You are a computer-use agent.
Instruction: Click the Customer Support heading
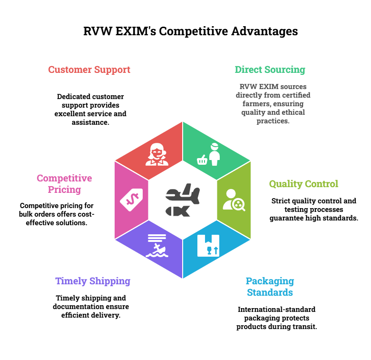[89, 70]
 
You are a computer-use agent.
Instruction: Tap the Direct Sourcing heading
[270, 70]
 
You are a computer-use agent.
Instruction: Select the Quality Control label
[303, 184]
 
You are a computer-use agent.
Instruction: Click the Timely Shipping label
[93, 281]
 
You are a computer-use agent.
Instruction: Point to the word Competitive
[64, 178]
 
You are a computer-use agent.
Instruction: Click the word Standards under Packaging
[270, 292]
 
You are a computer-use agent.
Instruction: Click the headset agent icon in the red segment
[156, 154]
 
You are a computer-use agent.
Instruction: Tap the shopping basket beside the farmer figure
[202, 160]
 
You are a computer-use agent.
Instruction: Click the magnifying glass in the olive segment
[238, 204]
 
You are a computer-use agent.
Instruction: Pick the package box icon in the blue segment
[208, 245]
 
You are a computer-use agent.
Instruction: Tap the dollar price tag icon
[131, 199]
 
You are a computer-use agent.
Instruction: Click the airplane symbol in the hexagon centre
[183, 195]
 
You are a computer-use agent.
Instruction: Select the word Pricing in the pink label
[64, 190]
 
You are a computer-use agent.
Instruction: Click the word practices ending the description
[273, 121]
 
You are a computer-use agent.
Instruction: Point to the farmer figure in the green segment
[215, 154]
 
